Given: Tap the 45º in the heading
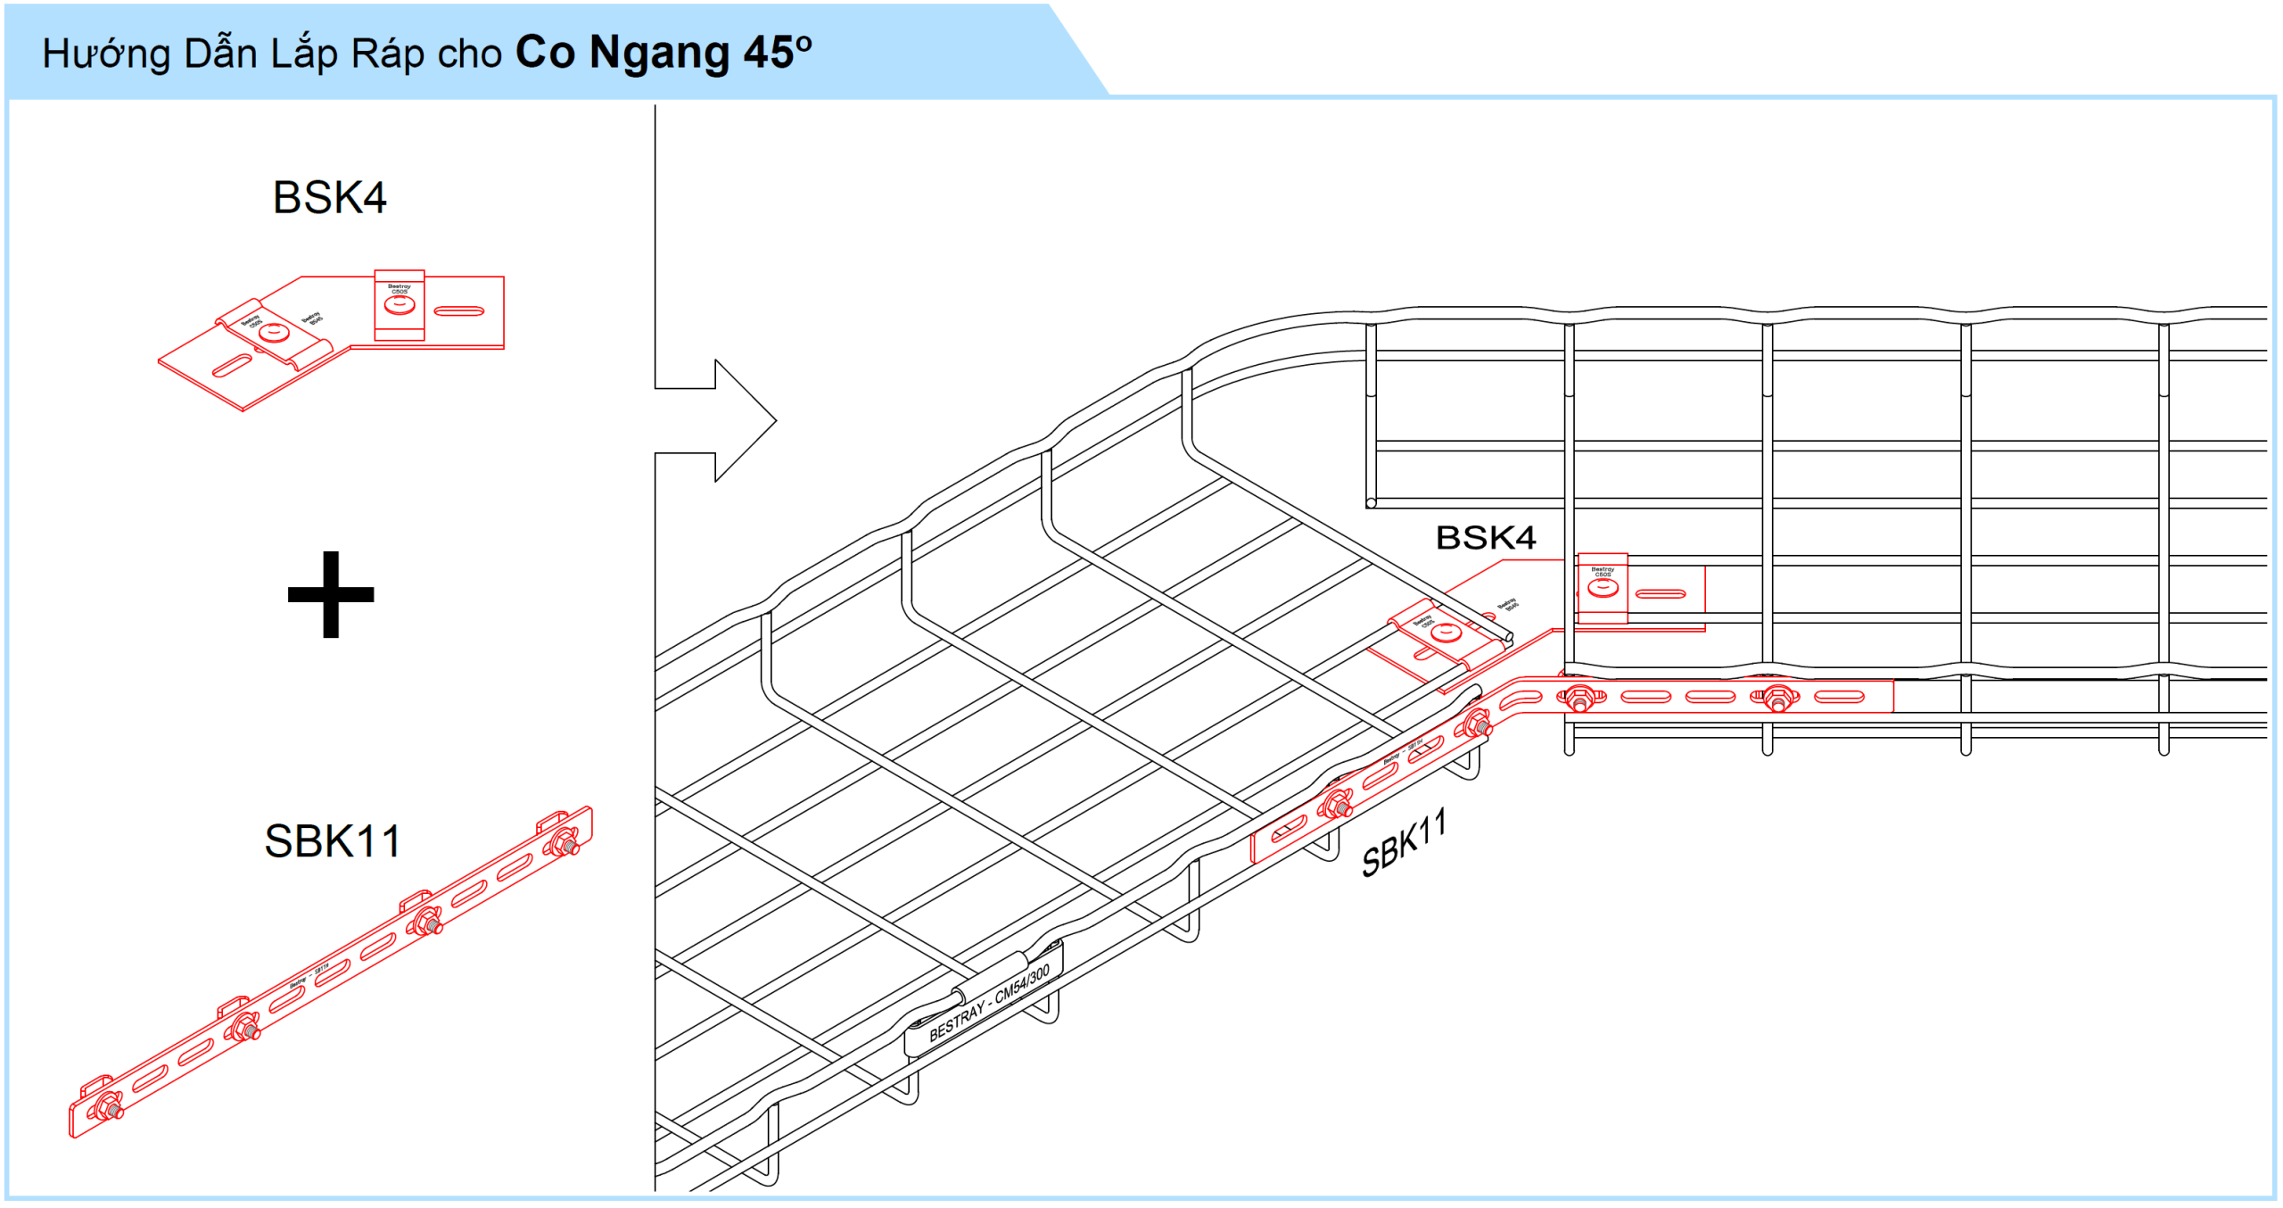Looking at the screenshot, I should [x=778, y=53].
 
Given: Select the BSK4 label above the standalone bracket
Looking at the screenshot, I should [x=329, y=197].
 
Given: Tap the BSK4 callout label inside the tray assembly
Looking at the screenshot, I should [x=1485, y=538].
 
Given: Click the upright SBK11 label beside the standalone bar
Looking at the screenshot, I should [x=333, y=841].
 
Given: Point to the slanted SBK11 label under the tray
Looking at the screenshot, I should [x=1404, y=844].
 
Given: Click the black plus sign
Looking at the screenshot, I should [x=331, y=594].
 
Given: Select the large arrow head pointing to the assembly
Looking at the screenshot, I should [x=745, y=420].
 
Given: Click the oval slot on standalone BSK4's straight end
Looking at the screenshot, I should [x=459, y=311].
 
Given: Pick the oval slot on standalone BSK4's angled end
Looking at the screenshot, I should [x=232, y=366].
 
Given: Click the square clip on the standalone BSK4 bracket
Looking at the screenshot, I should [x=400, y=305].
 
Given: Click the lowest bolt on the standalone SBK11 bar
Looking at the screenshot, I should [x=108, y=1107].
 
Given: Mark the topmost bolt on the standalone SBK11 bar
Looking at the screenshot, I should [x=564, y=840].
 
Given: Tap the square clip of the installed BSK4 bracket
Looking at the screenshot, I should [x=1603, y=588].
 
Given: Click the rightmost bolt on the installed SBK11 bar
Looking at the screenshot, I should [x=1777, y=699].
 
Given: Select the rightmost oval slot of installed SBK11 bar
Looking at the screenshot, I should [x=1839, y=697].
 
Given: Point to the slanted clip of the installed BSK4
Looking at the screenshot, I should [x=1446, y=634].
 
